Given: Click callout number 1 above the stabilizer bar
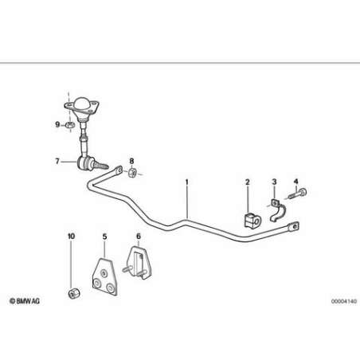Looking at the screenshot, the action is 187,182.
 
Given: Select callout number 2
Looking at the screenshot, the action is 248,182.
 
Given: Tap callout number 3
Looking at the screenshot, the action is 274,182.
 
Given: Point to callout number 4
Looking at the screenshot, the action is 296,182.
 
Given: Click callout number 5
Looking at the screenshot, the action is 105,237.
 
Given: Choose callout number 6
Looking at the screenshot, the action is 139,236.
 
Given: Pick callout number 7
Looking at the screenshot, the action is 57,161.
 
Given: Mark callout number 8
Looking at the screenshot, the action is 131,161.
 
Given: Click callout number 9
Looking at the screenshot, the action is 57,124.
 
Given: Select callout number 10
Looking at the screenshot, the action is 71,236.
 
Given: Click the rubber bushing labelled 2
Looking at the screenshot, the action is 252,220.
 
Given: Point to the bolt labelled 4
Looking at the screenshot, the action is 297,194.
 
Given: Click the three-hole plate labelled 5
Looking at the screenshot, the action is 104,276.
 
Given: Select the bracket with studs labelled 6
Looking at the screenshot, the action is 138,263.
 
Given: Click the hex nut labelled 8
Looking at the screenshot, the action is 132,172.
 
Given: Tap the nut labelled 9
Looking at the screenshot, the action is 70,125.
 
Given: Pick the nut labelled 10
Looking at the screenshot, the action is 74,293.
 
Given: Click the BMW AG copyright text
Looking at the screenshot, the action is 25,301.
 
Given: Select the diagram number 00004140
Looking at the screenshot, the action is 344,301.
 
